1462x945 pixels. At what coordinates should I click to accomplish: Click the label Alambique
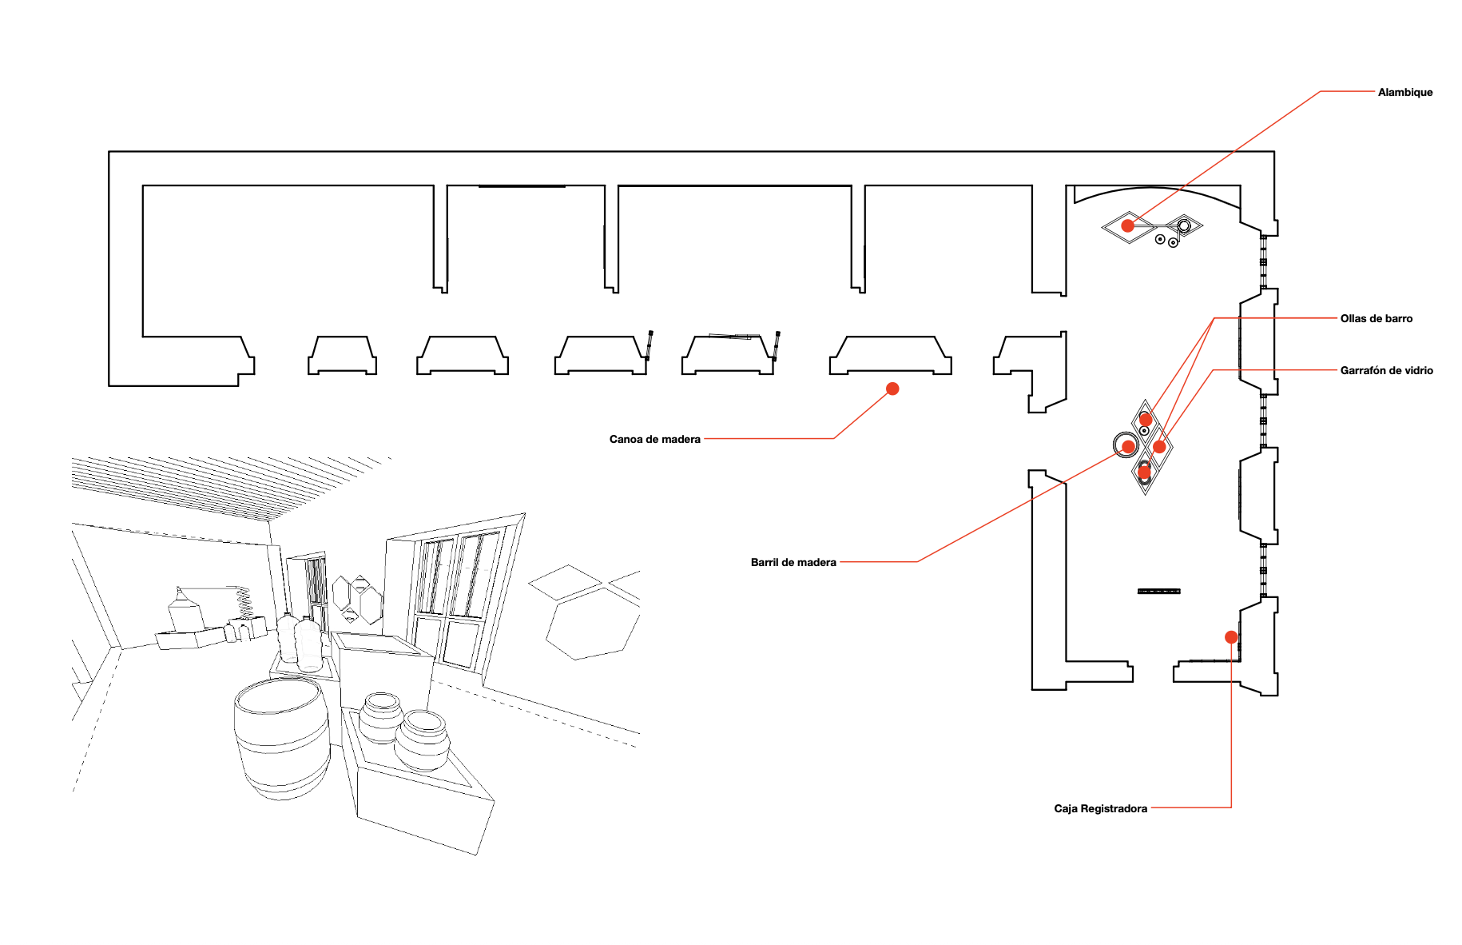click(x=1404, y=93)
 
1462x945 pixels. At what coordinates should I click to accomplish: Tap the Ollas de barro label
click(x=1376, y=319)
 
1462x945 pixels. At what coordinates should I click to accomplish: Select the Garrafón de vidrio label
click(x=1386, y=371)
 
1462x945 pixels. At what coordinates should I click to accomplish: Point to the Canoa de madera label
click(x=654, y=440)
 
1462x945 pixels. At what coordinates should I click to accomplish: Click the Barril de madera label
click(x=793, y=563)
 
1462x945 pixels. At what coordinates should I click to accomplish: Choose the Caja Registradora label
click(x=1100, y=809)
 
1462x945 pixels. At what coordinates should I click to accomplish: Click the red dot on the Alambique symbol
click(x=1127, y=226)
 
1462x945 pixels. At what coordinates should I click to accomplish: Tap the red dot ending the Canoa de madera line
click(x=892, y=389)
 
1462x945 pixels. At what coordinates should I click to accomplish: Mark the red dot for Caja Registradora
click(x=1231, y=637)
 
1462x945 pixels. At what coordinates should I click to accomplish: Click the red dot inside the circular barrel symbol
click(x=1127, y=446)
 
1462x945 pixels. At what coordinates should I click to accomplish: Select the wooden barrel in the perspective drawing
click(x=281, y=736)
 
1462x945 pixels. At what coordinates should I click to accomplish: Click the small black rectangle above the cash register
click(x=1158, y=592)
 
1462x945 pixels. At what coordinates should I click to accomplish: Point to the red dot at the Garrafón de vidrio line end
click(x=1159, y=446)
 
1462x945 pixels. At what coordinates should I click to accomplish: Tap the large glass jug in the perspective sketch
click(x=308, y=644)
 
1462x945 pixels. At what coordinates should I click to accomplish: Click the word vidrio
click(x=1416, y=371)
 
